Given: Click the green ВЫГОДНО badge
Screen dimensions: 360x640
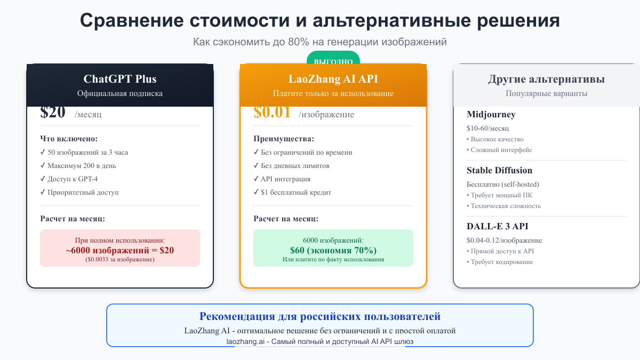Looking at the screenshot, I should coord(333,61).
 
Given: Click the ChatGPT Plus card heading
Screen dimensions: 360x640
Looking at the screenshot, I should coord(120,79).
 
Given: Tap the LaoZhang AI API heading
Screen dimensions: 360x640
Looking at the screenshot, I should coord(333,79).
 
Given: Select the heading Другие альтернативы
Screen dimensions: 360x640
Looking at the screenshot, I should coord(546,79).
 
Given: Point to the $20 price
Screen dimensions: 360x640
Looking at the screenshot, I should coord(53,113).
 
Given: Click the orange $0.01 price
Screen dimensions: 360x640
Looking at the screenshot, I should coord(272,113).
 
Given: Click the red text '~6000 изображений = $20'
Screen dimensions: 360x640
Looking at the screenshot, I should coord(120,250).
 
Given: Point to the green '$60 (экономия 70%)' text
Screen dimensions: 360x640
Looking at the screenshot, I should coord(333,250).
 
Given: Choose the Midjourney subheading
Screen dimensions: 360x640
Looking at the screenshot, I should coord(491,115).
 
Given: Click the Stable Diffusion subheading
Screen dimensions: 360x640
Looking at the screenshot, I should coord(499,171).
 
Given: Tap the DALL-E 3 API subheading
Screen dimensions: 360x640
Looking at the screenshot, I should coord(498,226).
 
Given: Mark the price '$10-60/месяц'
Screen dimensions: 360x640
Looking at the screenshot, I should coord(487,129).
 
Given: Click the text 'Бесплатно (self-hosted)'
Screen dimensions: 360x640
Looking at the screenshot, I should coord(503,185).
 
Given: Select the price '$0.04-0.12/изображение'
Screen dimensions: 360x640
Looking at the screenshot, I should coord(504,240).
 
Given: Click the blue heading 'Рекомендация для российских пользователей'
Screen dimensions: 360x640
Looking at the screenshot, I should coord(320,316).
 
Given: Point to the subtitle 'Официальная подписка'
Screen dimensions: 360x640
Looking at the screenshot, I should coord(120,93).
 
